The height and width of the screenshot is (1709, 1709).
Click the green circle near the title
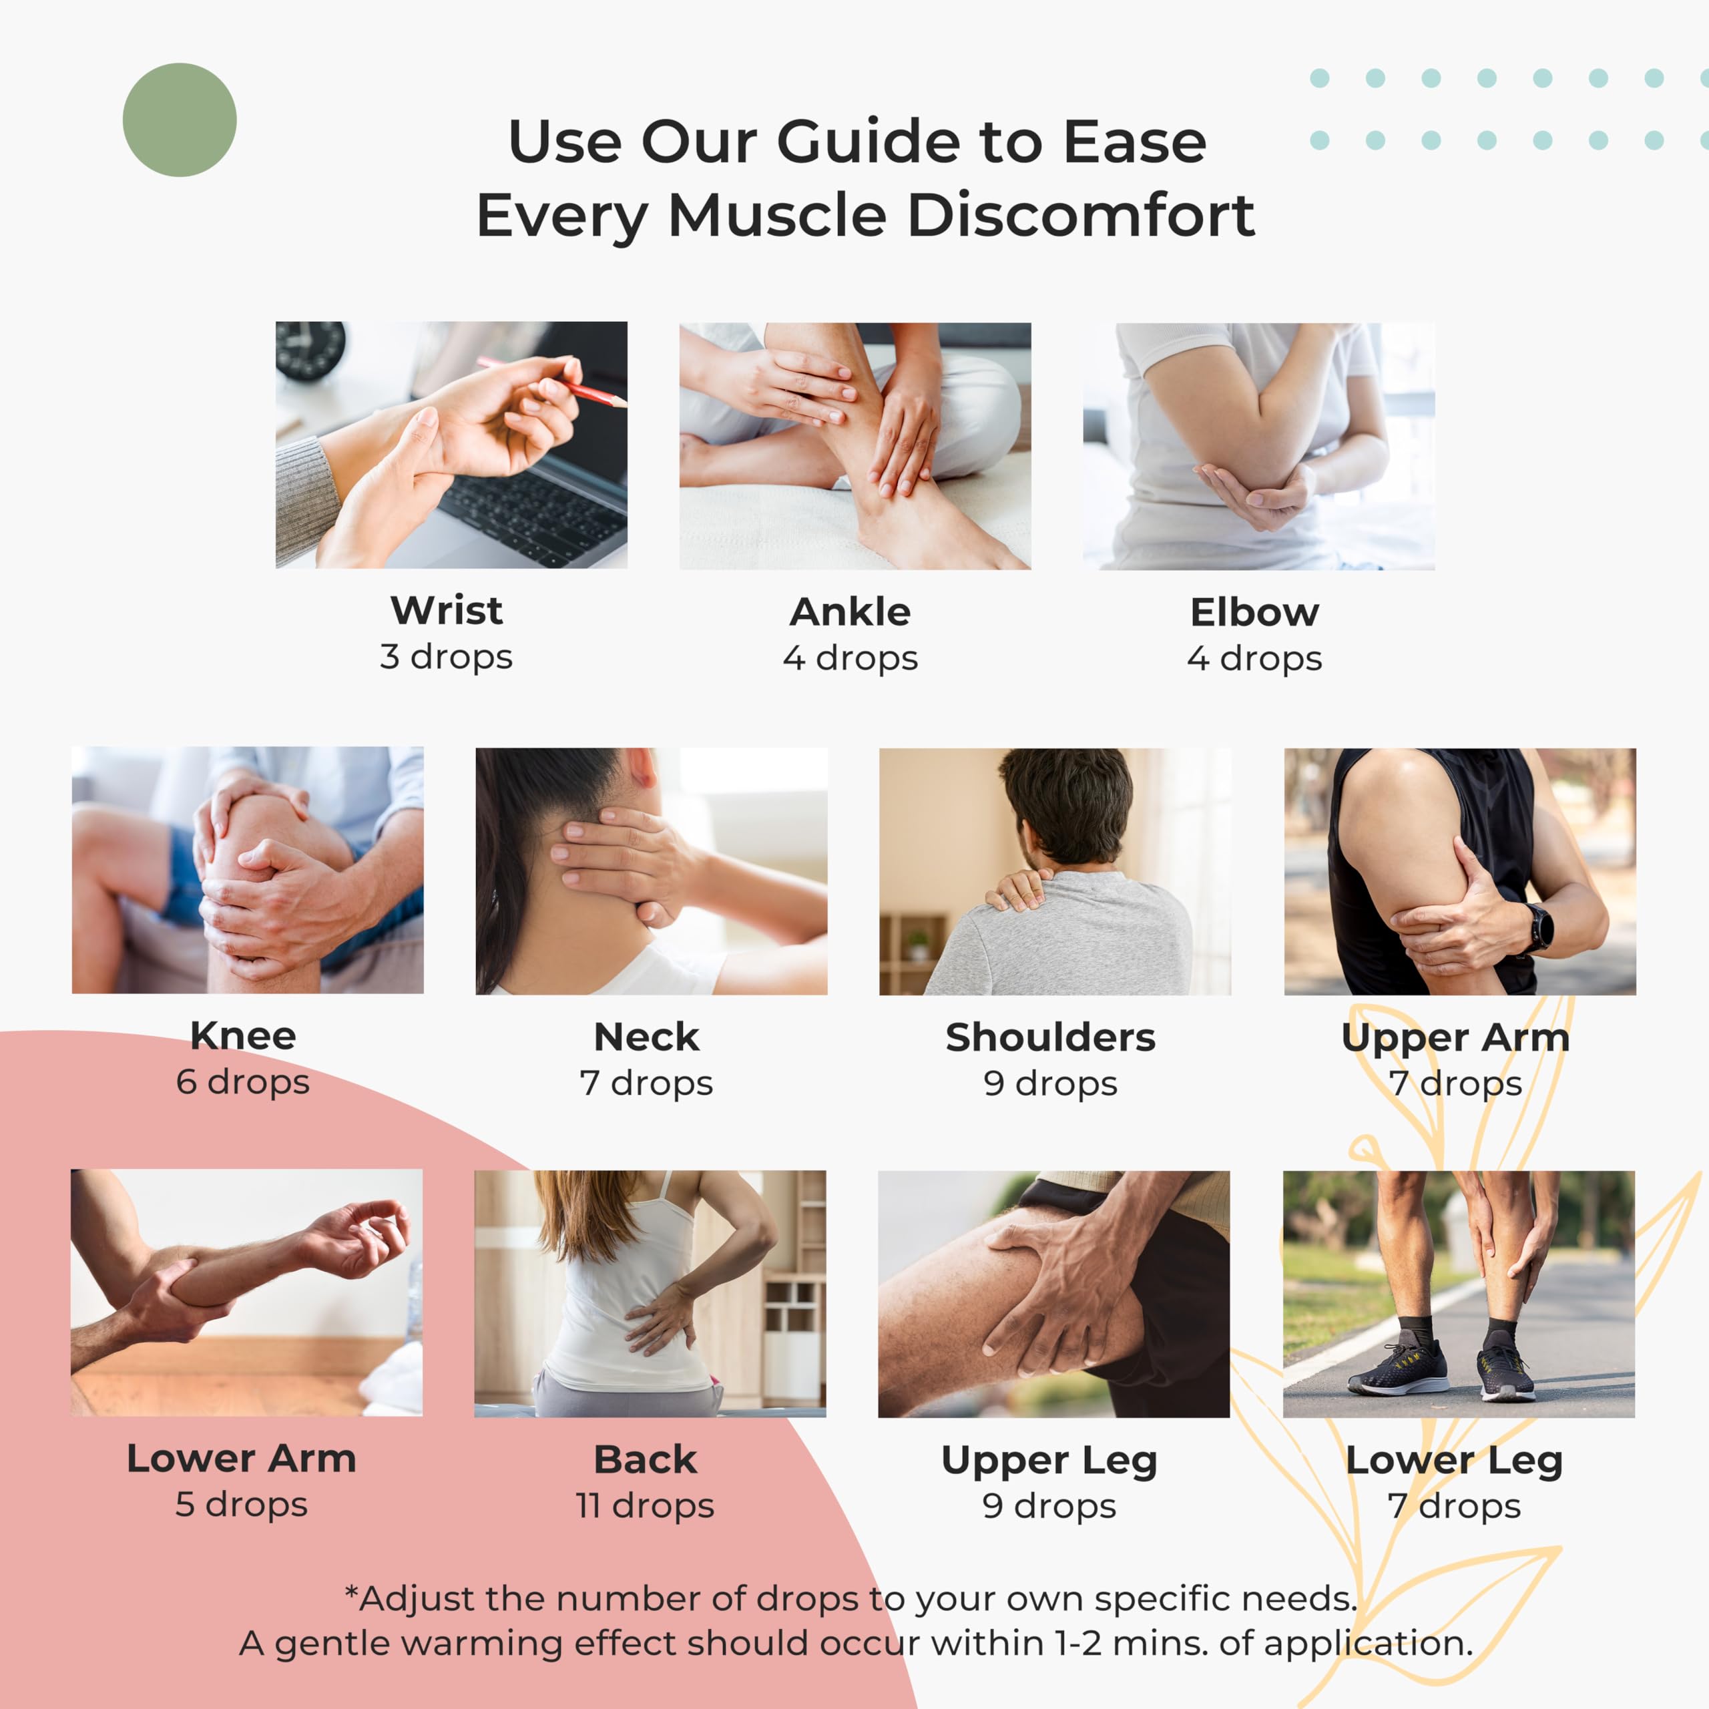(180, 119)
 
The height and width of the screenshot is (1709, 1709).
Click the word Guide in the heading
(870, 142)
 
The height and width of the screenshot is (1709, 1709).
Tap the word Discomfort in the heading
(1080, 215)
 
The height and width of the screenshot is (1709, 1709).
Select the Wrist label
(447, 610)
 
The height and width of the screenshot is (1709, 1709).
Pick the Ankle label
(850, 612)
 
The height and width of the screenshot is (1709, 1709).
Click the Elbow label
(1254, 612)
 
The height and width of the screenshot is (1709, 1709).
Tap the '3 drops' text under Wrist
(447, 656)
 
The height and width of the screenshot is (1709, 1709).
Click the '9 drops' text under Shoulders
(1051, 1083)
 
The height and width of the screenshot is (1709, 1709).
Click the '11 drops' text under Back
(646, 1505)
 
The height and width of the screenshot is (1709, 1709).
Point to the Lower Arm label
(242, 1458)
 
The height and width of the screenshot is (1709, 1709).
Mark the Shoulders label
(1051, 1037)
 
